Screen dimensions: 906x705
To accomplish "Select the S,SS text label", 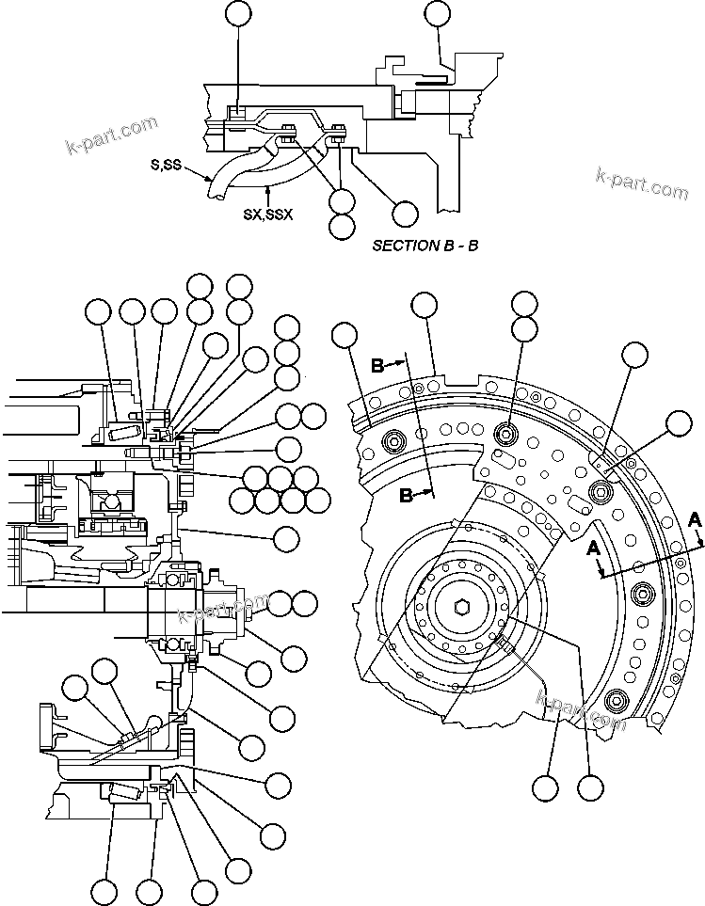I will click(x=167, y=166).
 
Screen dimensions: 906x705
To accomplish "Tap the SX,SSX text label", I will click(x=268, y=214).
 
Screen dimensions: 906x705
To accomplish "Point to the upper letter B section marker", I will click(x=378, y=366).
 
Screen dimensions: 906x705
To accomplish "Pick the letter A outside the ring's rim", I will click(x=695, y=518).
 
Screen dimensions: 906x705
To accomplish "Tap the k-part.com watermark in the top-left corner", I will click(x=111, y=135).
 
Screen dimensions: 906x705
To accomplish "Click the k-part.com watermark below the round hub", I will click(x=581, y=710).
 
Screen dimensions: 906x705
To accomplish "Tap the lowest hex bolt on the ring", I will click(x=617, y=700).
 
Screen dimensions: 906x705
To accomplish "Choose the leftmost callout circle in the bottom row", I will click(x=104, y=890).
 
